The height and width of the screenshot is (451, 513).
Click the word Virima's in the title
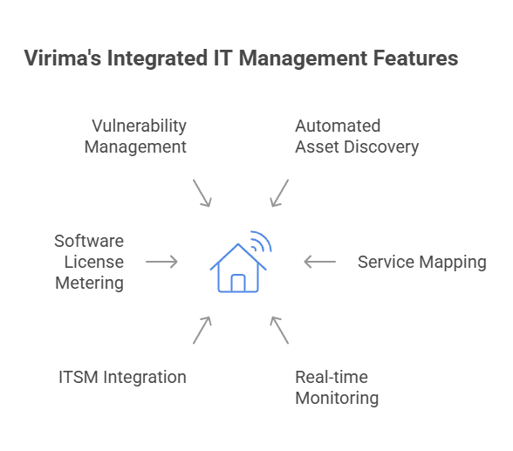[x=57, y=58]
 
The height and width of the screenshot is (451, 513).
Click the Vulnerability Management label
[x=136, y=136]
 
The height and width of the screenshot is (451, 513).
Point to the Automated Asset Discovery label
[x=356, y=136]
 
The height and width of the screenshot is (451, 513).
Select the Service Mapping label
[x=421, y=262]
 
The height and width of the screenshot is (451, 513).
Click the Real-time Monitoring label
[x=337, y=387]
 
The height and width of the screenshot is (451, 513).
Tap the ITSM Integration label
[x=122, y=377]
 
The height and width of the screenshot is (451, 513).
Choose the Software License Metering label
[x=89, y=262]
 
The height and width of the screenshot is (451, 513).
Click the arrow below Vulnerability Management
[x=202, y=193]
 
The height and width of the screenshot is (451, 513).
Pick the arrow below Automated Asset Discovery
[x=279, y=193]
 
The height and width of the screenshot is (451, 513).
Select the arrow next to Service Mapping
[x=319, y=262]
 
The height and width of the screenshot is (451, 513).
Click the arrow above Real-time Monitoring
[x=279, y=330]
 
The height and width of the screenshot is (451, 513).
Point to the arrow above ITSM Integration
[x=202, y=330]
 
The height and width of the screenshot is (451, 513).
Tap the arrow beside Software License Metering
[x=161, y=262]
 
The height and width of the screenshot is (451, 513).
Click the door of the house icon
[x=237, y=283]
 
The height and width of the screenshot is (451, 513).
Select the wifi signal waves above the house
[x=261, y=240]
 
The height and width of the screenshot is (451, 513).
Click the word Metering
[x=89, y=283]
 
